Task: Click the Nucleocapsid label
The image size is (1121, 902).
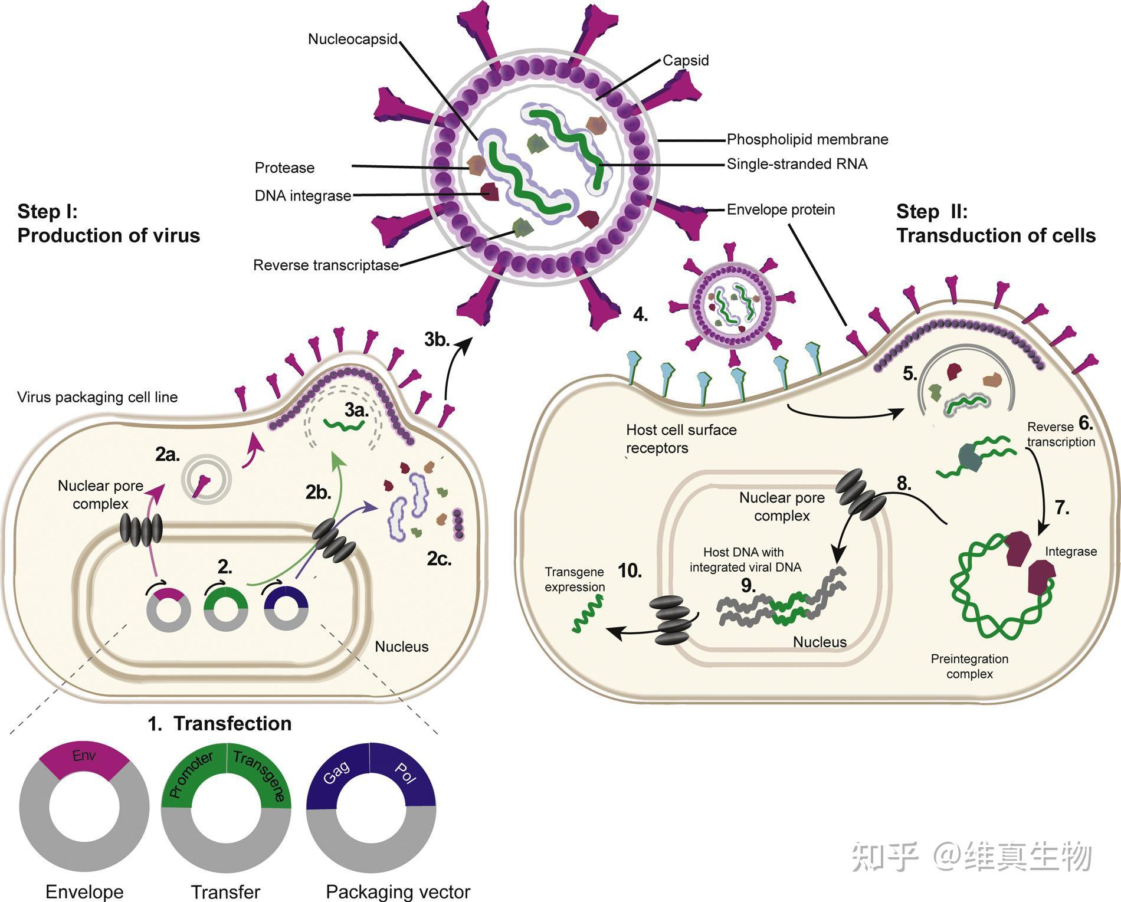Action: point(353,40)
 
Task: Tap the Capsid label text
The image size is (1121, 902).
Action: point(685,60)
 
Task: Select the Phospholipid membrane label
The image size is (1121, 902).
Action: point(807,139)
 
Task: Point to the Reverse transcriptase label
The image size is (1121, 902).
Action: point(326,265)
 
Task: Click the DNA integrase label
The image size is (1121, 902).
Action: point(303,196)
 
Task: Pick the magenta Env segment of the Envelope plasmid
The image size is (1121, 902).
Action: point(84,762)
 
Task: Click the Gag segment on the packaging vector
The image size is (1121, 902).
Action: point(336,772)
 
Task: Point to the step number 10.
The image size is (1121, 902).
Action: point(630,571)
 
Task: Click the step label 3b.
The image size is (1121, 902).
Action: point(437,340)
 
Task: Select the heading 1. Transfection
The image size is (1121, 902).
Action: point(219,723)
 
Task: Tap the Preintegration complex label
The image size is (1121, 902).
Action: point(969,666)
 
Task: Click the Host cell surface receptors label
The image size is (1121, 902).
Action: point(681,438)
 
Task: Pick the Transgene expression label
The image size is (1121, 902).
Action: point(574,579)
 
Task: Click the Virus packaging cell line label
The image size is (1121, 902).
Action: point(97,397)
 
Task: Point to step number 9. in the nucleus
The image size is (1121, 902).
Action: point(748,585)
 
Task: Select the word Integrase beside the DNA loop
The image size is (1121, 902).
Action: point(1070,552)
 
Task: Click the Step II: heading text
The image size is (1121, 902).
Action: point(932,211)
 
